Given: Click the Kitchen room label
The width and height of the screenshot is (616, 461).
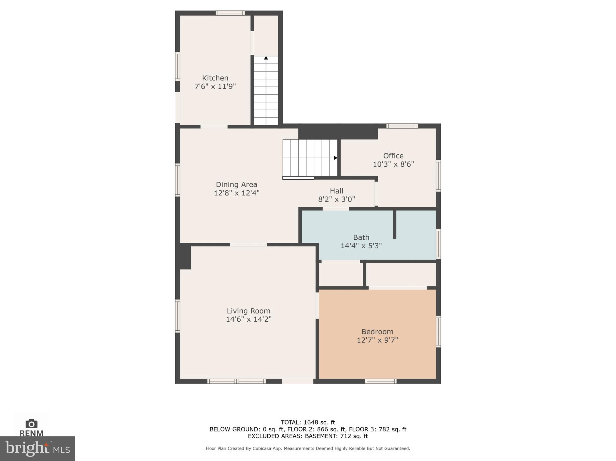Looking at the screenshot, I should pos(215,78).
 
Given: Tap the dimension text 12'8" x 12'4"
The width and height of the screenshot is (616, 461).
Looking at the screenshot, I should pos(236,193).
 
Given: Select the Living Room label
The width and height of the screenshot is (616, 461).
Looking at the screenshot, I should pos(248,311).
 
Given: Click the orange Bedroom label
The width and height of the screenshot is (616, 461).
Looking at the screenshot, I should pos(377,332).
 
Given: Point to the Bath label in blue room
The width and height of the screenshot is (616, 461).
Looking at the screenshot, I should pos(361,237).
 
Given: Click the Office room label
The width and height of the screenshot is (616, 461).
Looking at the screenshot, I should pos(393,156).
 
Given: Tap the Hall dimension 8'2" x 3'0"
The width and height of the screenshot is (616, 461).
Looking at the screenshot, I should pos(336,199).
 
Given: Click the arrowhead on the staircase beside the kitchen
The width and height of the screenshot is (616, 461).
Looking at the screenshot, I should pos(266,58).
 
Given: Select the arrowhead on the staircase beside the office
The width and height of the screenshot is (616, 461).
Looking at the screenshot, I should pos(335,158).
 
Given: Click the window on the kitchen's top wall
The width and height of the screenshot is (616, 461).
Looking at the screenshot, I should pos(230,13).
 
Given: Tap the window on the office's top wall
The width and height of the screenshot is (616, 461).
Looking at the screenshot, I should pos(402,126).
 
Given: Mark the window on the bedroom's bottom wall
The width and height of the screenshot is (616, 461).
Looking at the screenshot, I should pos(380,381).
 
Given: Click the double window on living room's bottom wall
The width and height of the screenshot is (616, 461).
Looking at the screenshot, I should pos(236,381).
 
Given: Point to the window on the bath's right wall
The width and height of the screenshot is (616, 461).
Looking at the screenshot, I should pos(438,244).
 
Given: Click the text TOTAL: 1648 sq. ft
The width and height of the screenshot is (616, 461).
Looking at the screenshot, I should pos(308,422).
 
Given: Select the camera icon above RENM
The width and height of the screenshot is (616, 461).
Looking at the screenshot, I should pos(31,424).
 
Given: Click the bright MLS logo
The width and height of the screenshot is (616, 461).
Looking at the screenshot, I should pos(37,448).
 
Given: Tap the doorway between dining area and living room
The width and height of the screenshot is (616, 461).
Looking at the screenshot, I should pos(248,244).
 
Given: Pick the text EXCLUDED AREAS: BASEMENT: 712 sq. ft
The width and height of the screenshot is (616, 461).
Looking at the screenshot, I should pos(308,436).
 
